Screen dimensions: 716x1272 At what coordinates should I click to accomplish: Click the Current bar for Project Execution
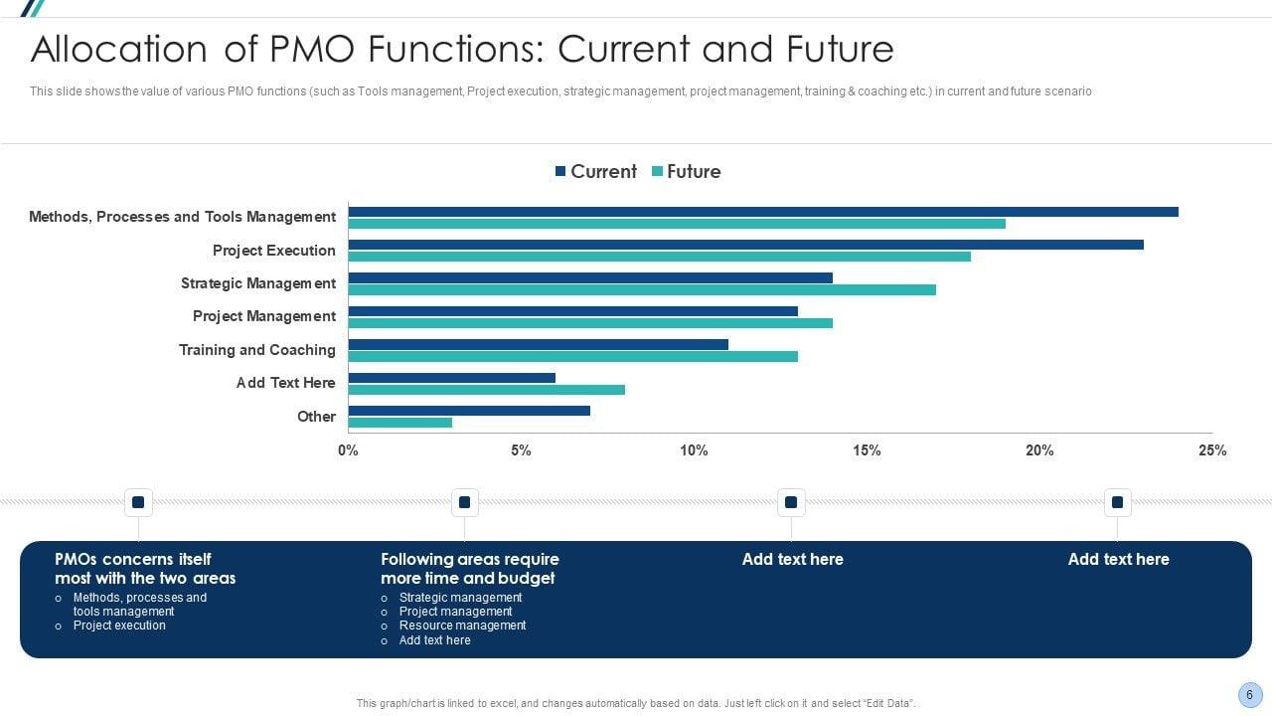745,245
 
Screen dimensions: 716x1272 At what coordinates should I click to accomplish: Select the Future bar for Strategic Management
642,290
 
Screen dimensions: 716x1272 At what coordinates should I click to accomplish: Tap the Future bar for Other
399,423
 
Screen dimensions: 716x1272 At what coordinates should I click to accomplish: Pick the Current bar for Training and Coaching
538,344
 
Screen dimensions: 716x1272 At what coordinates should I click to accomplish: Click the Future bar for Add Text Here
486,390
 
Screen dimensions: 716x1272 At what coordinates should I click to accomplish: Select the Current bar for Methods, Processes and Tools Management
762,212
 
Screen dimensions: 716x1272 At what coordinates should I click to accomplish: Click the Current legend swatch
560,172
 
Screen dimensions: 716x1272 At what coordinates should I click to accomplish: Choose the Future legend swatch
657,172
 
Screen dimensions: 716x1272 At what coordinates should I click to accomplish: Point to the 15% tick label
867,450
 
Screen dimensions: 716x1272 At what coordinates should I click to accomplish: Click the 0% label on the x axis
348,450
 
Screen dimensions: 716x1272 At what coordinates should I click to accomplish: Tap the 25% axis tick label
1212,450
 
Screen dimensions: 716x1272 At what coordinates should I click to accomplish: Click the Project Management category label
264,316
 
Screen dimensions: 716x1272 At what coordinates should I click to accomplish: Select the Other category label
316,417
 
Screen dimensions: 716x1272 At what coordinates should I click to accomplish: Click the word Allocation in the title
115,49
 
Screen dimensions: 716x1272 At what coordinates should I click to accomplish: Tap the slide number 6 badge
1250,695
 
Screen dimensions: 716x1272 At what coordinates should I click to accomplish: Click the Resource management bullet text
462,626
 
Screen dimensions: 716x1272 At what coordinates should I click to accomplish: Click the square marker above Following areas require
464,502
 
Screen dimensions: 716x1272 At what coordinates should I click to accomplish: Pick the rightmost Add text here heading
1118,559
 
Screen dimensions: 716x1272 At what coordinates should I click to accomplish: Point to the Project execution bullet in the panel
119,626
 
